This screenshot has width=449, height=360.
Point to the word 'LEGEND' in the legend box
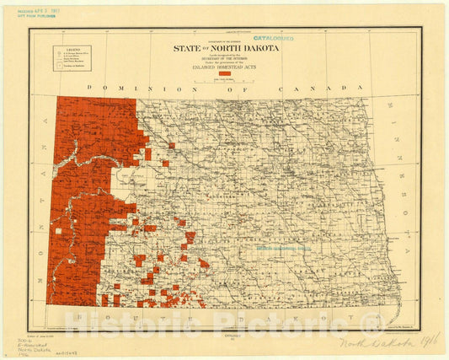72,49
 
